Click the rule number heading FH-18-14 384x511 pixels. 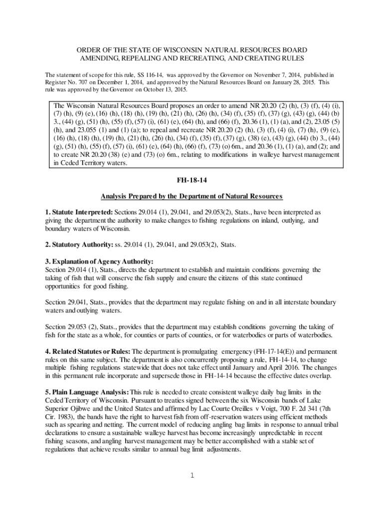click(192, 178)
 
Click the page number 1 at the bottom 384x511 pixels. click(192, 475)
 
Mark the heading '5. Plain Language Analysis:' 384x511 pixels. click(86, 392)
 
